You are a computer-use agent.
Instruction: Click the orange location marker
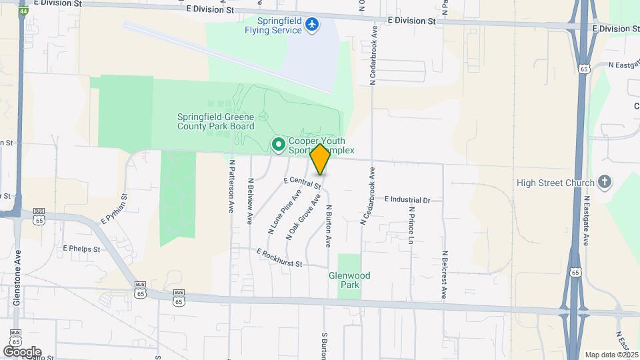321,159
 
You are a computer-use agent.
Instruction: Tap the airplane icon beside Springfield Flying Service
311,25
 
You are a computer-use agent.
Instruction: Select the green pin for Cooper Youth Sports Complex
278,144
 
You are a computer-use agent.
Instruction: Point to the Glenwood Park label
349,280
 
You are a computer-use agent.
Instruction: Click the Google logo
22,351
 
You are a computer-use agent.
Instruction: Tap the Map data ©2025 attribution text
611,355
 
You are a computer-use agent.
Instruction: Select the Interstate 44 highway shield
24,12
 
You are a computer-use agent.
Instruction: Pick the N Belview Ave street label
251,200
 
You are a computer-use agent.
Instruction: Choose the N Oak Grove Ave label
304,217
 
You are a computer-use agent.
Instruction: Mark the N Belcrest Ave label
444,274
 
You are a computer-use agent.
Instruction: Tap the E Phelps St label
81,248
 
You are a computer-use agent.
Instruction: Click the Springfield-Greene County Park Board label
215,121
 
